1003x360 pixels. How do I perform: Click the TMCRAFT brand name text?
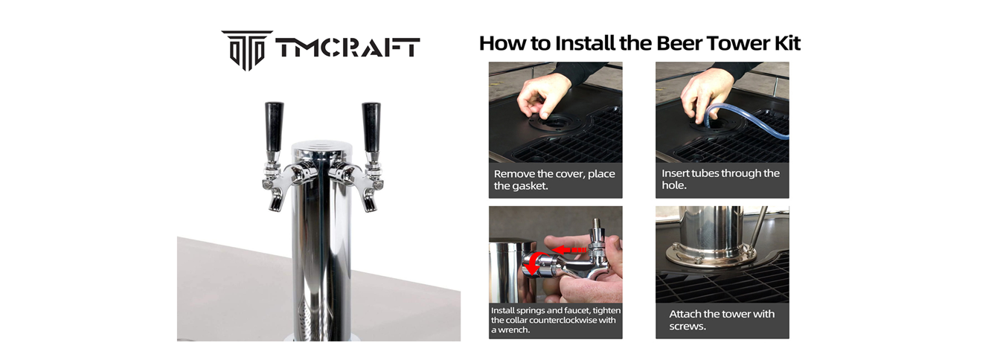(x=348, y=48)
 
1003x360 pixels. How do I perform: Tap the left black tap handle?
(x=274, y=127)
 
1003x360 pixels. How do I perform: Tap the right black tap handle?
(x=371, y=127)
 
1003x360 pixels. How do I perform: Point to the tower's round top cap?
(x=321, y=147)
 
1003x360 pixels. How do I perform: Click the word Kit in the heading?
(x=787, y=43)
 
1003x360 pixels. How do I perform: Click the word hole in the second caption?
(x=674, y=185)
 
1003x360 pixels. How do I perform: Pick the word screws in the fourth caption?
(x=688, y=327)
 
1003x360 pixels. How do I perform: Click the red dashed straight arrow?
(x=568, y=249)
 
